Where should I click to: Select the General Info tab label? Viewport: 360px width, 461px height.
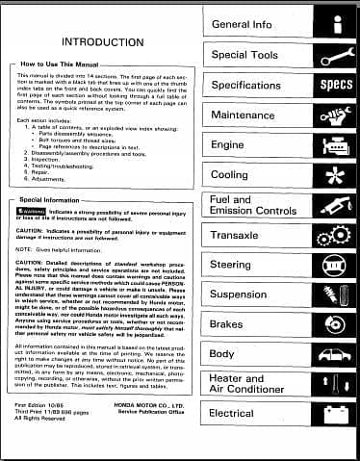point(242,23)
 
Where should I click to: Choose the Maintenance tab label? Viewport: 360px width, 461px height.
point(244,115)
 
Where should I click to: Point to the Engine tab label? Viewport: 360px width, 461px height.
point(228,144)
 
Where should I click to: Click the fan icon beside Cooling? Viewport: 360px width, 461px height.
point(337,175)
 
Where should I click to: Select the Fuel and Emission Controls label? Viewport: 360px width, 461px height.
point(252,205)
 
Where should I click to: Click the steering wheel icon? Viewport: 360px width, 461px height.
point(337,265)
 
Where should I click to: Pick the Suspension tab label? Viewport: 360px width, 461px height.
point(241,295)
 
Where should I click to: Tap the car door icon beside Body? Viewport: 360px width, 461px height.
point(337,354)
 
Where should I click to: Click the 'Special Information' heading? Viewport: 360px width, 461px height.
point(54,199)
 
